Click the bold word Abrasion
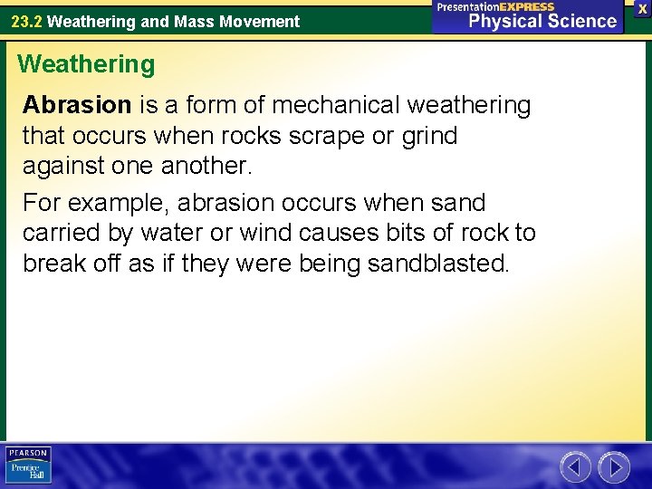pyautogui.click(x=77, y=106)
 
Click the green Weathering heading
pyautogui.click(x=86, y=64)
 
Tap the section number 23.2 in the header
pyautogui.click(x=26, y=21)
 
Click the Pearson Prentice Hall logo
pyautogui.click(x=28, y=465)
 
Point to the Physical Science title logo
pyautogui.click(x=528, y=16)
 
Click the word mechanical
pyautogui.click(x=335, y=106)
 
